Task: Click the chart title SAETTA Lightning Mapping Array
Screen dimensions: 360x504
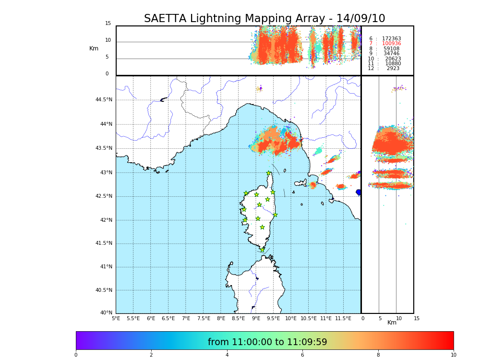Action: coord(264,19)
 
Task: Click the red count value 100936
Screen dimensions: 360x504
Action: coord(391,44)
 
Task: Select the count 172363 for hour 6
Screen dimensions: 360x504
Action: coord(391,39)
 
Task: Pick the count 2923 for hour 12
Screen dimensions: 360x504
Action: coord(393,69)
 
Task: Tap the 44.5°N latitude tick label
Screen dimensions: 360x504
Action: coord(104,100)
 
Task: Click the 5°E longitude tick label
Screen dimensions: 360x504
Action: coord(116,318)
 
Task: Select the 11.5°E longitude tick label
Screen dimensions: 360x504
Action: coord(343,318)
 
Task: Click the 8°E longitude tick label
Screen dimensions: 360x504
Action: coord(221,318)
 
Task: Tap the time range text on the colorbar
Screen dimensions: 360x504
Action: coord(267,342)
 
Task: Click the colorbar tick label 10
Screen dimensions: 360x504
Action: coord(453,355)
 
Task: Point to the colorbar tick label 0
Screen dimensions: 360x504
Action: coord(76,355)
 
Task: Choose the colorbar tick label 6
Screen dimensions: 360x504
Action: coord(302,355)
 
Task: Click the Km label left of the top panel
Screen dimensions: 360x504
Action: coord(94,48)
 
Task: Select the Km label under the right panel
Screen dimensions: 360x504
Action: coord(392,323)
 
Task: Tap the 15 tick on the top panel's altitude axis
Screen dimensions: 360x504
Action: coord(108,24)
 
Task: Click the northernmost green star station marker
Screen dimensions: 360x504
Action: coord(269,173)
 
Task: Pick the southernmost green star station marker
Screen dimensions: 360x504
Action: coord(262,250)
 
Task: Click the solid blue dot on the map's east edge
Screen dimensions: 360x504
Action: coord(359,192)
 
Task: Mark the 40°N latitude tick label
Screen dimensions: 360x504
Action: coord(106,313)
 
